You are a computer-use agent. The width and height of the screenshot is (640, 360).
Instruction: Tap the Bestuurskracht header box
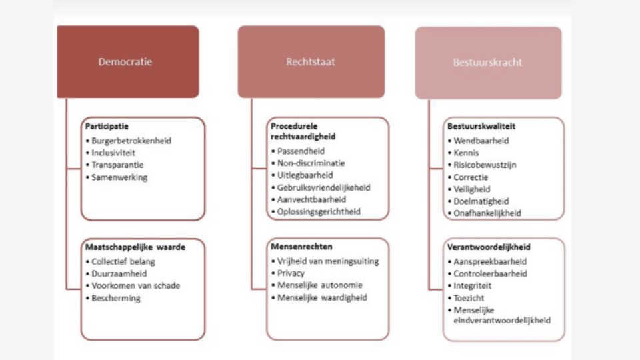tap(487, 63)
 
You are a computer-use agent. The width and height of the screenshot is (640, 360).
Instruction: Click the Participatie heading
tap(107, 125)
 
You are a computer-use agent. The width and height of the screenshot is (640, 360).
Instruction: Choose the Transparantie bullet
tap(118, 165)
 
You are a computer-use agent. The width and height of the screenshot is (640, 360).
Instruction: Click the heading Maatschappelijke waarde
tap(135, 247)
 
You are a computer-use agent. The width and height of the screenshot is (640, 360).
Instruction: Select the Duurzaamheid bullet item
tap(117, 273)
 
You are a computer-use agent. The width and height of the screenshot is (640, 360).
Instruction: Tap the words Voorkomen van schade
tap(136, 285)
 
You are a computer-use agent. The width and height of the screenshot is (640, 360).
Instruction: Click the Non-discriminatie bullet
tap(311, 163)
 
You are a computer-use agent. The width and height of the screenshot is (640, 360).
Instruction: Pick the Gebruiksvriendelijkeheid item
tap(323, 187)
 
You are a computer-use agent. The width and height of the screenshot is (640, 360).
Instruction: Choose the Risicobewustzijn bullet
tap(485, 165)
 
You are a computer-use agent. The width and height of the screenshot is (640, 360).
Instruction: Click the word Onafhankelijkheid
tap(487, 213)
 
